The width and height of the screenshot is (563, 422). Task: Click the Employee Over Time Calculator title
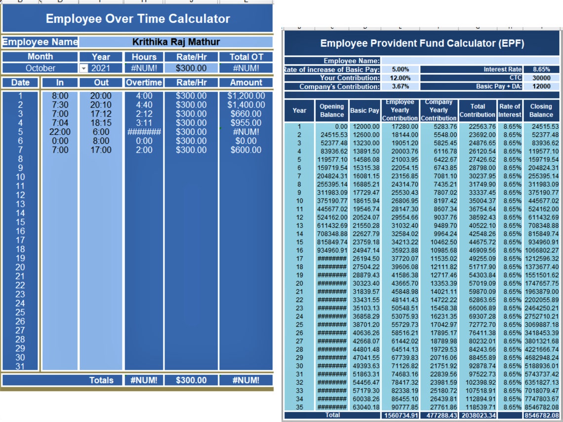pos(137,19)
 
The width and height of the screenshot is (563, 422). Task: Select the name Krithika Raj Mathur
pos(176,42)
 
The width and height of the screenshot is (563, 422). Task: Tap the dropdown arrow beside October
pos(83,69)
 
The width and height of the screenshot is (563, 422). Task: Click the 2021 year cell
pos(100,69)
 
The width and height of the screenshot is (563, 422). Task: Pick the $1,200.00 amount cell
pos(246,96)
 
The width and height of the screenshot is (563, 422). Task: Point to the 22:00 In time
pos(60,132)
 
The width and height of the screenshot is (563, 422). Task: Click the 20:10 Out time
pos(101,105)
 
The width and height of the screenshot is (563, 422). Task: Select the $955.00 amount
pos(246,123)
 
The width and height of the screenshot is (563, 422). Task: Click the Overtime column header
pos(144,82)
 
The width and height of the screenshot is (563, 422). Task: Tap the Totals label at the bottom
pos(101,380)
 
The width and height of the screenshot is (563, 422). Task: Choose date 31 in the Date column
pos(20,366)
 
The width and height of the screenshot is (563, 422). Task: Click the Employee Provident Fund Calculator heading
pos(422,43)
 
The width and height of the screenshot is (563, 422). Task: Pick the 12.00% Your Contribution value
pos(400,78)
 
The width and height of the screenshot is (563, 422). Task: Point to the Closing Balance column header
pos(541,110)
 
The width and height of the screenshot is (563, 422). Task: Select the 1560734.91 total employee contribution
pos(401,416)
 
